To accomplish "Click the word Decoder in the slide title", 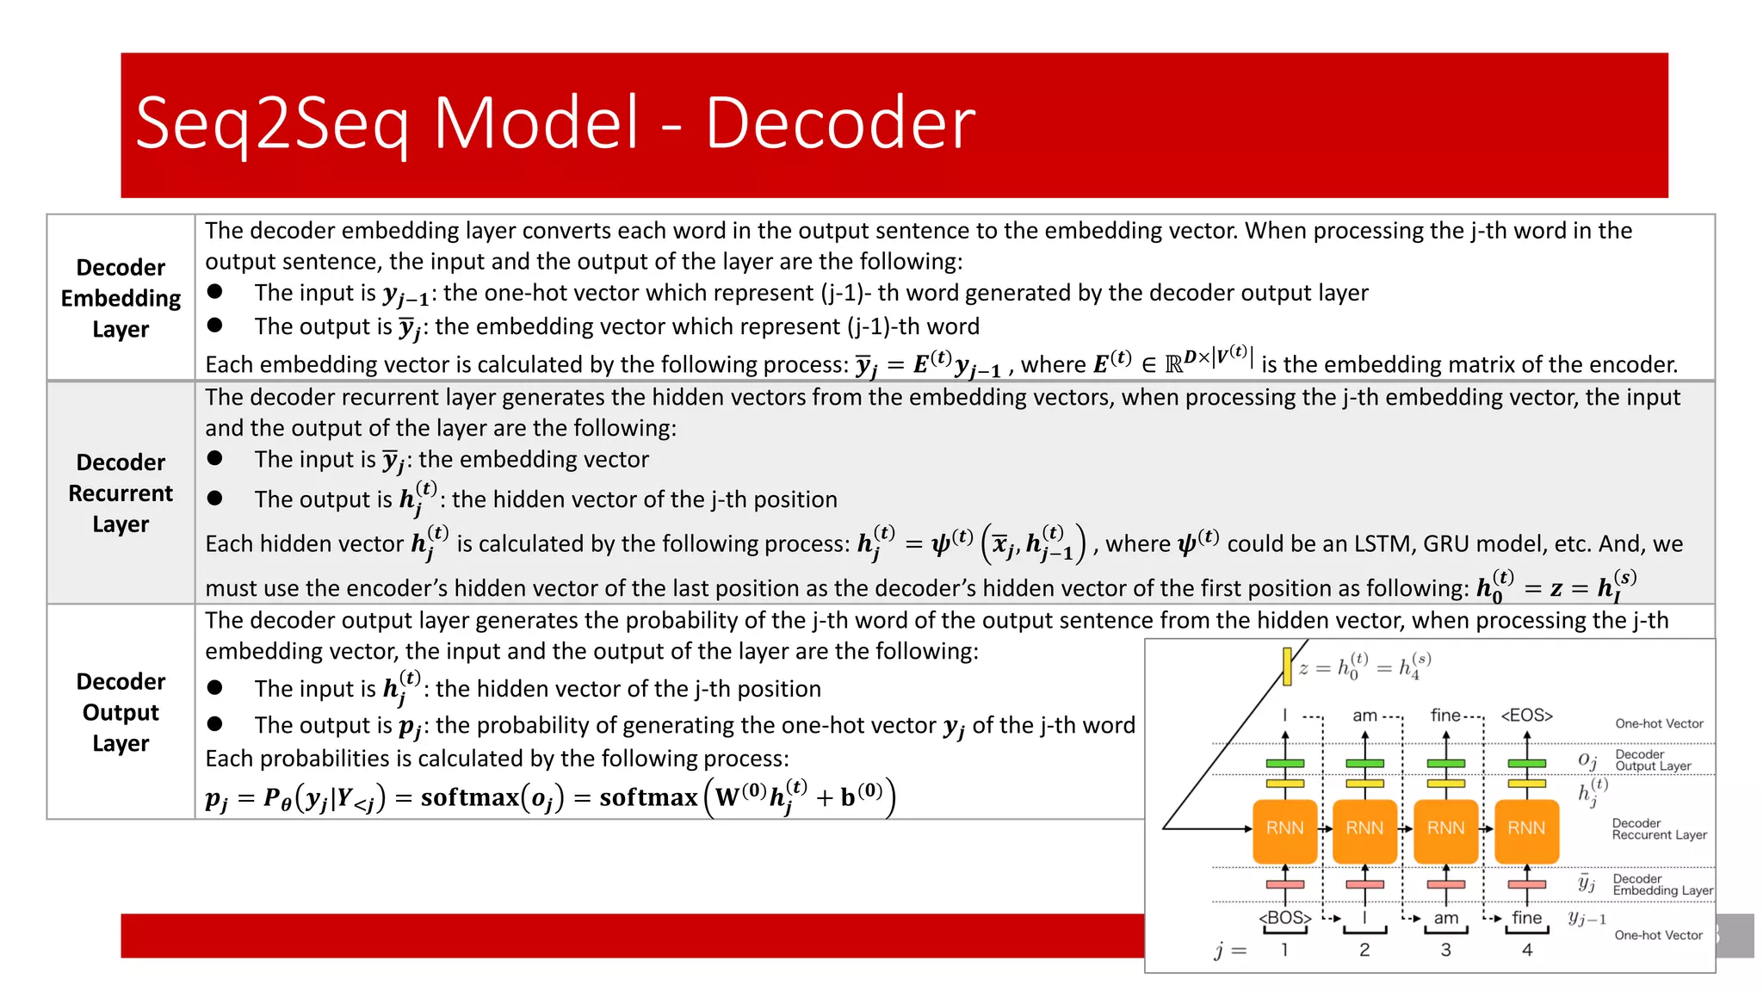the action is pyautogui.click(x=840, y=122).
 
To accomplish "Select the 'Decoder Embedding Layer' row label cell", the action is pyautogui.click(x=121, y=298).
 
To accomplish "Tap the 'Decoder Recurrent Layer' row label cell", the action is pyautogui.click(x=121, y=493).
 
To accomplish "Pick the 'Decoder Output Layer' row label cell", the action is pyautogui.click(x=121, y=712).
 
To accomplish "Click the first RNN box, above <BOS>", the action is pyautogui.click(x=1284, y=828).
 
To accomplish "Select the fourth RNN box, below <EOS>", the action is pyautogui.click(x=1526, y=828).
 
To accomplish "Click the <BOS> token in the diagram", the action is pyautogui.click(x=1284, y=918).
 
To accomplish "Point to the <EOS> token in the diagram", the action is pyautogui.click(x=1526, y=716).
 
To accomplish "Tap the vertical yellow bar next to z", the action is pyautogui.click(x=1287, y=666).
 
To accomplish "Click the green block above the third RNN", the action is pyautogui.click(x=1445, y=764).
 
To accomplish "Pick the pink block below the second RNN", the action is pyautogui.click(x=1364, y=884).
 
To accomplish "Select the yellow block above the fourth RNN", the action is pyautogui.click(x=1526, y=784).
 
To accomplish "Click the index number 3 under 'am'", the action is pyautogui.click(x=1445, y=950).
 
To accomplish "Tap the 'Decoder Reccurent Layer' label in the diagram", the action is pyautogui.click(x=1659, y=829).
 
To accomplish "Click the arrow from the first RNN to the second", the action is pyautogui.click(x=1325, y=828).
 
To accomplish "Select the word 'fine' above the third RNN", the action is pyautogui.click(x=1445, y=716).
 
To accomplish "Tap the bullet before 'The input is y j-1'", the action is pyautogui.click(x=215, y=293).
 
